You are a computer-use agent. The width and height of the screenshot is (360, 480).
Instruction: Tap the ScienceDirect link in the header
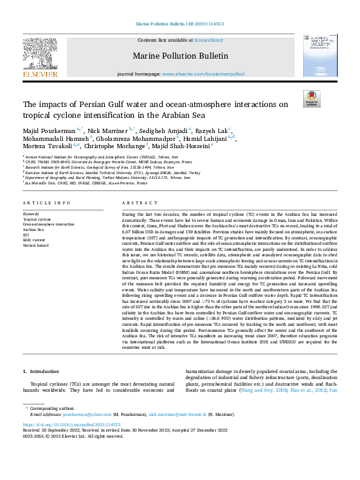click(209, 40)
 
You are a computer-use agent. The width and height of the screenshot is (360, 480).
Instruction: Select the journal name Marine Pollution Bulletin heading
click(180, 56)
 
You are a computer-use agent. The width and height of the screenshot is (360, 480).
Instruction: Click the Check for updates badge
click(310, 99)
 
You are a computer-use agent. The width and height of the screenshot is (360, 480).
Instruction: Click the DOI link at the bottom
click(71, 425)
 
